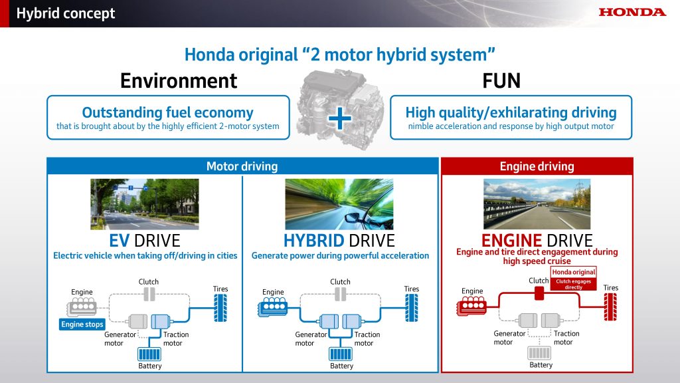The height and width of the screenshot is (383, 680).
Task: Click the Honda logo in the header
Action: click(x=632, y=12)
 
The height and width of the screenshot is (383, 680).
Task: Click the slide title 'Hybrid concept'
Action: click(x=66, y=13)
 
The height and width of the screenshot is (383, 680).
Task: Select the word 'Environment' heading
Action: click(x=178, y=80)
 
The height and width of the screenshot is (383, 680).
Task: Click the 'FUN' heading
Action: click(x=501, y=80)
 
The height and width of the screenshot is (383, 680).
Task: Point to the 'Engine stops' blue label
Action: click(x=82, y=324)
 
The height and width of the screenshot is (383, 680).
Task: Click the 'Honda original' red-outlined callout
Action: click(x=574, y=272)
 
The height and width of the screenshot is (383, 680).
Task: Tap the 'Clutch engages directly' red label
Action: click(x=574, y=284)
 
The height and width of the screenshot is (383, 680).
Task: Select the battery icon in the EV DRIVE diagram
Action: click(x=150, y=354)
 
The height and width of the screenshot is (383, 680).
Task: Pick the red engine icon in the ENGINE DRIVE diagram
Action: click(x=471, y=307)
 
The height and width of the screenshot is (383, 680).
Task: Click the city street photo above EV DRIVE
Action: click(x=144, y=203)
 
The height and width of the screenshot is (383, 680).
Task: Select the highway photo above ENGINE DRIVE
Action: click(x=537, y=203)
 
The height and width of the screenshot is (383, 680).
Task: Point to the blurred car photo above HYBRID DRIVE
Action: click(x=339, y=203)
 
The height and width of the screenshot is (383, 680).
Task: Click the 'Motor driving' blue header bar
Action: click(x=242, y=166)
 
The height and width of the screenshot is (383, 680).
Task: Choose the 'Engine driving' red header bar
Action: click(x=537, y=166)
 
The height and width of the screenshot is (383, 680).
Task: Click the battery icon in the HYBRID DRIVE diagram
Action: click(x=341, y=354)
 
